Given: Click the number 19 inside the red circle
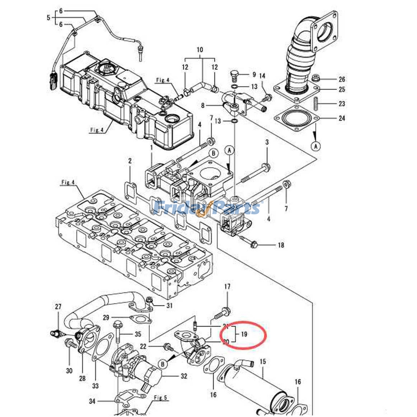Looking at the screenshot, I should (x=244, y=334).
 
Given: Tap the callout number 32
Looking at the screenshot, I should (x=184, y=376).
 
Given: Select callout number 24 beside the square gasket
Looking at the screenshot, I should (x=342, y=118).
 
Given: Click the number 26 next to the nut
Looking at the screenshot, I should (x=342, y=79).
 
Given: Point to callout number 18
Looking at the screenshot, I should (x=281, y=245).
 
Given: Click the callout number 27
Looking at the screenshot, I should (x=58, y=306).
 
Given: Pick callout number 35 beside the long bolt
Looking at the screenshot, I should (x=138, y=334).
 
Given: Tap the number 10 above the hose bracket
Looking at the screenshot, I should (x=200, y=50).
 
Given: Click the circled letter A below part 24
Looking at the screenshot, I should (x=316, y=146).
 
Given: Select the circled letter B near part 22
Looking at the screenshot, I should (x=163, y=364).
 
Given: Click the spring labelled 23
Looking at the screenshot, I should (x=315, y=104).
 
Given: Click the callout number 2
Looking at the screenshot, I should (x=130, y=161).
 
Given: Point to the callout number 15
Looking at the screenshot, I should (x=263, y=361).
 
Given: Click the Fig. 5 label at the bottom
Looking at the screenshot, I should (x=160, y=398).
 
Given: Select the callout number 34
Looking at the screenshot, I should (x=92, y=401).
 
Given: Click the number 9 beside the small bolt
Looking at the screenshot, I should (x=254, y=75).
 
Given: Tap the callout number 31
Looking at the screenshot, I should (x=169, y=305).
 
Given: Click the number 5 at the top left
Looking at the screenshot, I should (x=48, y=18).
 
